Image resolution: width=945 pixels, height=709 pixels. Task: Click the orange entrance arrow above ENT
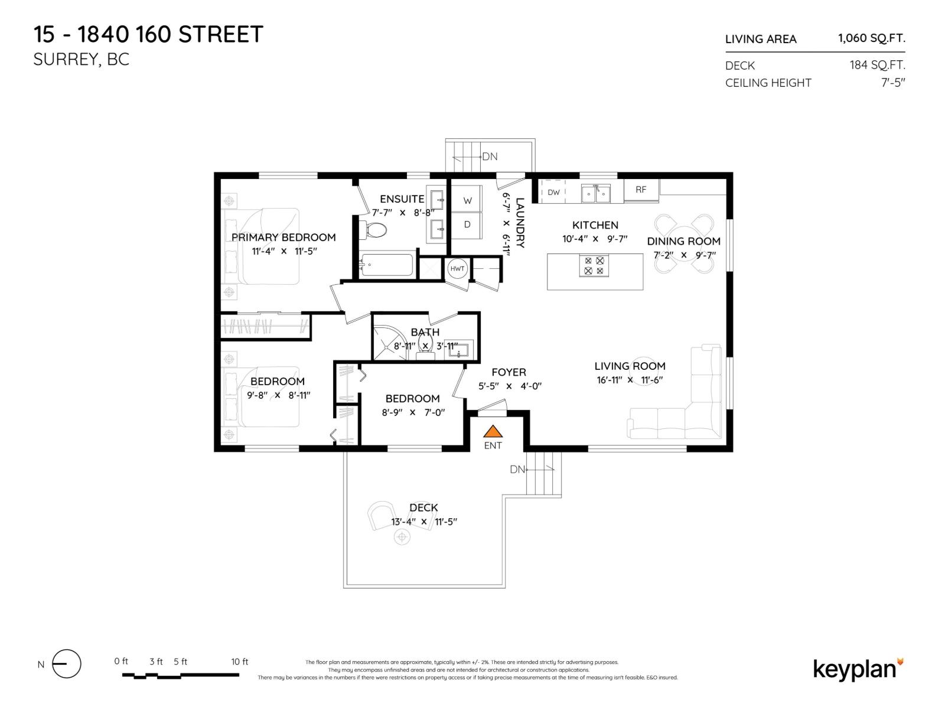(x=493, y=431)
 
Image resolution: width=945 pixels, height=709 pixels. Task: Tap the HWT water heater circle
(x=457, y=269)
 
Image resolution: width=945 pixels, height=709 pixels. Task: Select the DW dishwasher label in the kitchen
(x=553, y=192)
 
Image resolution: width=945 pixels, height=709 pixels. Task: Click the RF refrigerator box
(x=641, y=190)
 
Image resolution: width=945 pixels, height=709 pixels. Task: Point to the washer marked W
(x=467, y=201)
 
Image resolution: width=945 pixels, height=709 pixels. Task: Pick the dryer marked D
(x=467, y=225)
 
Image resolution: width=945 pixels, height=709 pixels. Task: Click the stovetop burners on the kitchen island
(x=594, y=265)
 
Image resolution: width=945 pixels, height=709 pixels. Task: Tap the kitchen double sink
(x=595, y=193)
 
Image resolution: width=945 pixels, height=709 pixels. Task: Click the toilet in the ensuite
(x=373, y=229)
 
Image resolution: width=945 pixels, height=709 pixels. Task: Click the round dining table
(x=685, y=243)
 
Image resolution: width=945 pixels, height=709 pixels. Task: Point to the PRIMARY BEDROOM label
(x=283, y=237)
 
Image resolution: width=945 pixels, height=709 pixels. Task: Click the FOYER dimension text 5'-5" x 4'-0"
(x=510, y=386)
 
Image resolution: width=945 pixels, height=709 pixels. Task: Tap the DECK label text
(x=423, y=508)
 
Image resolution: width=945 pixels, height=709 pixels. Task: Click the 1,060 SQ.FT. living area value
(x=871, y=38)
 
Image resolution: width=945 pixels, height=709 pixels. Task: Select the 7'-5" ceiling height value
(x=893, y=83)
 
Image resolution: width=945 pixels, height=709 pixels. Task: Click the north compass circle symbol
(x=67, y=664)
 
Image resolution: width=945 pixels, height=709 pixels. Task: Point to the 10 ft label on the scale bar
(x=239, y=662)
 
